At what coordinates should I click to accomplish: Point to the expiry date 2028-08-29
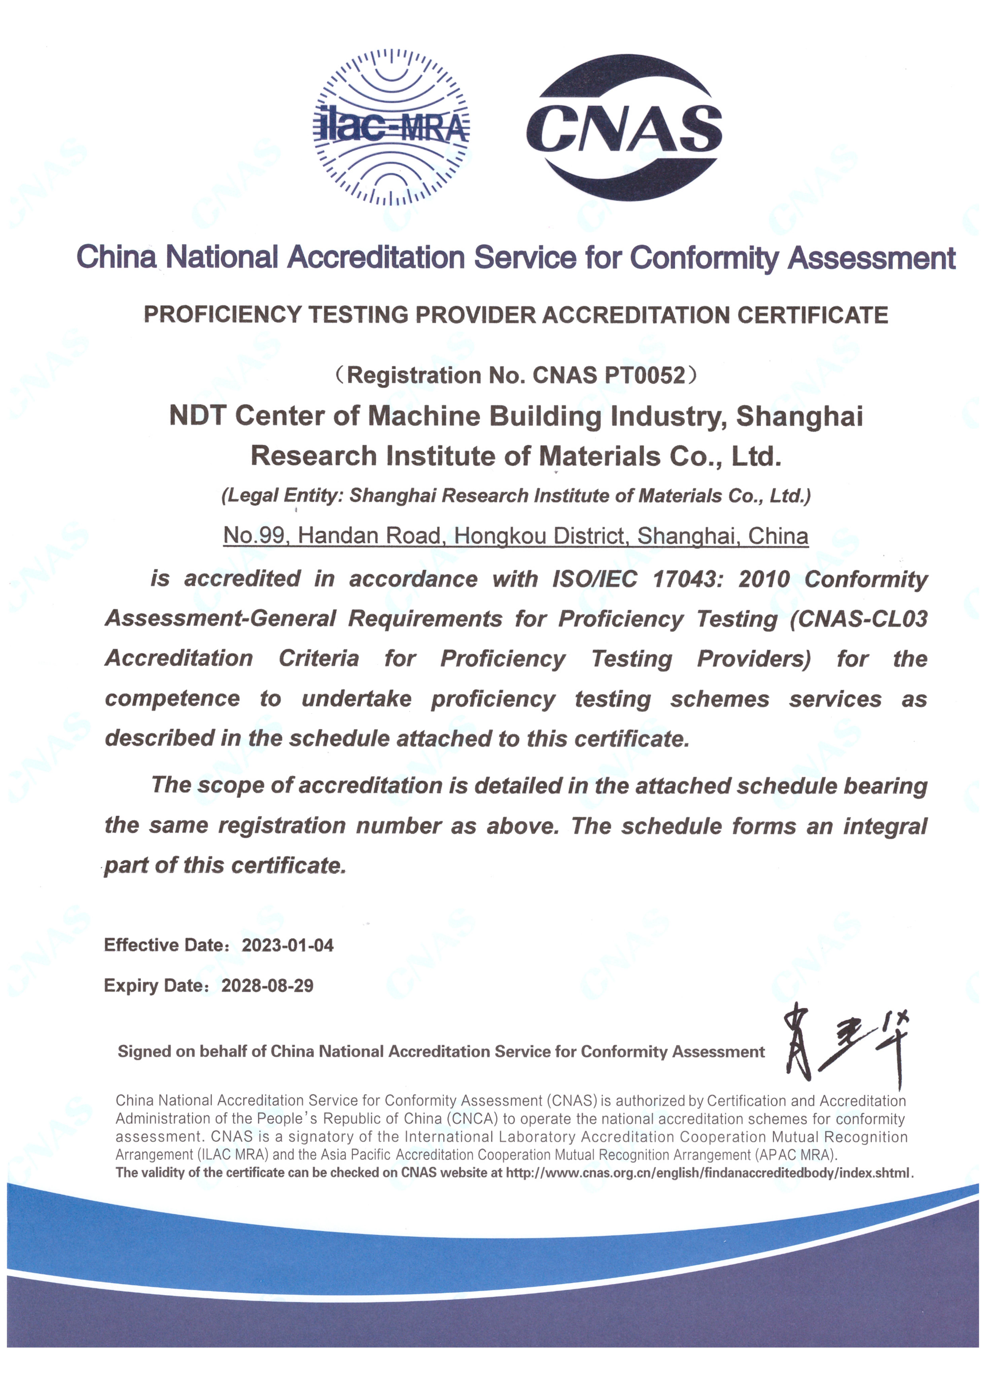pos(267,985)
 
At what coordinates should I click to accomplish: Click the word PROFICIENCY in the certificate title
pos(222,315)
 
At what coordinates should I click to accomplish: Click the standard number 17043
pos(688,579)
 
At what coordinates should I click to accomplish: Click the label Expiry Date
pos(156,985)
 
